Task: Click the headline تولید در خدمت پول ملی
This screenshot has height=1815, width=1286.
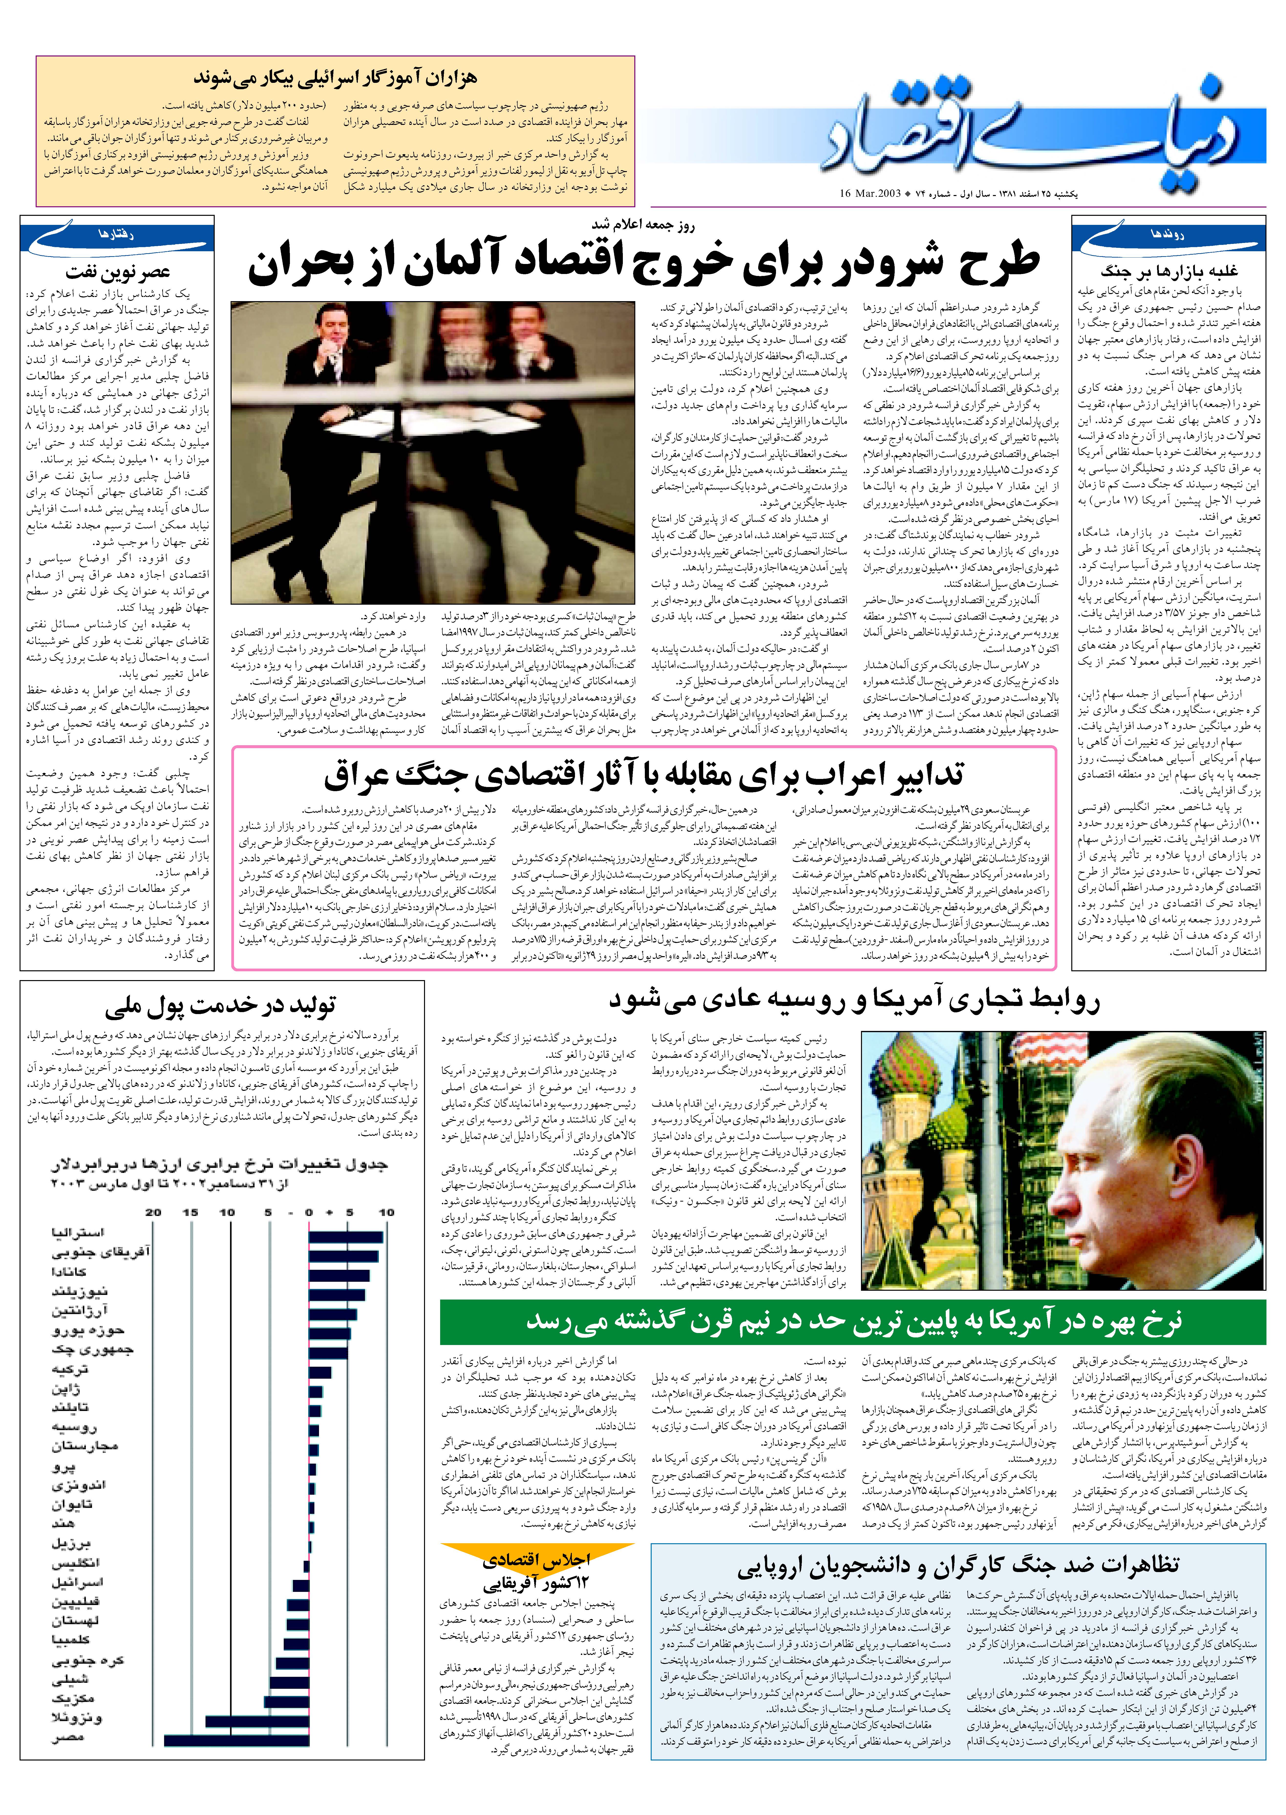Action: (220, 1007)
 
